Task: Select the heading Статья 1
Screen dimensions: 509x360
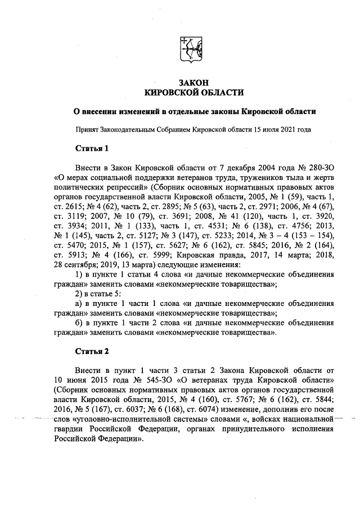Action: tap(91, 148)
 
